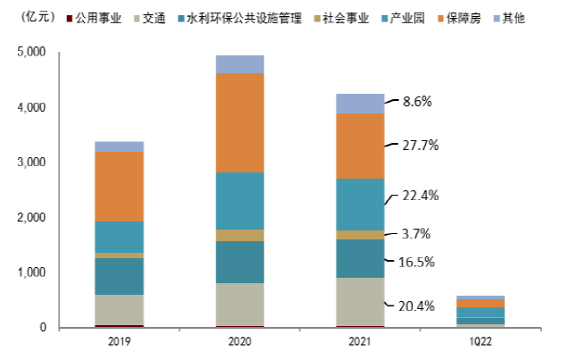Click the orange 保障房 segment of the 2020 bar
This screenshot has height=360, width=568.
pyautogui.click(x=239, y=122)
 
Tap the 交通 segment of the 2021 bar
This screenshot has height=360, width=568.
pyautogui.click(x=360, y=302)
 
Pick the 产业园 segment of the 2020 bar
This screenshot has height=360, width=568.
pyautogui.click(x=239, y=201)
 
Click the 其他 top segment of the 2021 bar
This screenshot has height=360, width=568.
pyautogui.click(x=360, y=103)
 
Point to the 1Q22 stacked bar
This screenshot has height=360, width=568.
pyautogui.click(x=480, y=311)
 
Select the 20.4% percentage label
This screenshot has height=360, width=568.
pyautogui.click(x=415, y=306)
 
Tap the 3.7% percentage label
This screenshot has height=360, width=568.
pyautogui.click(x=415, y=234)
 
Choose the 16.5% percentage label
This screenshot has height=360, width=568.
pyautogui.click(x=415, y=263)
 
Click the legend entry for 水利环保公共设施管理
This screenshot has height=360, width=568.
pyautogui.click(x=227, y=17)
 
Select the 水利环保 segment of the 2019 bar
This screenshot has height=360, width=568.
pyautogui.click(x=119, y=276)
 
